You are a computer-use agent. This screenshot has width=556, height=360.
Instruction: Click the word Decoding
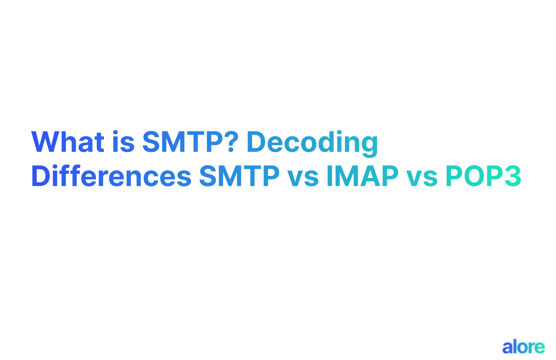[312, 142]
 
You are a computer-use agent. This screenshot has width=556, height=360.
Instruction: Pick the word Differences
[111, 176]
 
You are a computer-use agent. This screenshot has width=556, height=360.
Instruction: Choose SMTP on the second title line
[239, 176]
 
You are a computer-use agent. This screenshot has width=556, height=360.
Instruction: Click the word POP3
[483, 176]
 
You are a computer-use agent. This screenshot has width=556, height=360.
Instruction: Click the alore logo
[524, 347]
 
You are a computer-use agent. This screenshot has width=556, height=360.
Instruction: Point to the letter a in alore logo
[508, 348]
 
